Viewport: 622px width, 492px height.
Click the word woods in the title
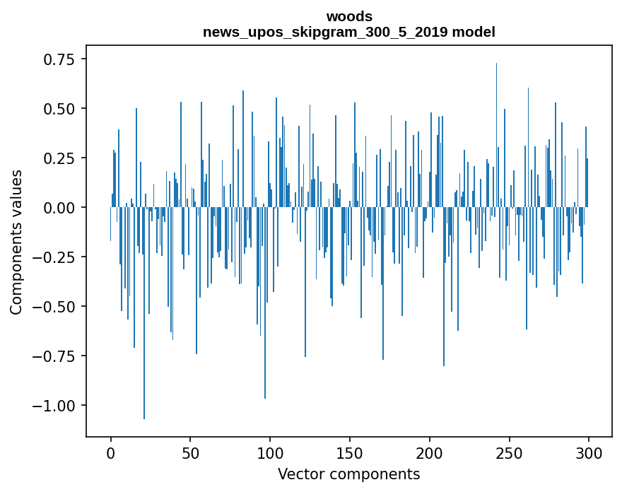click(349, 16)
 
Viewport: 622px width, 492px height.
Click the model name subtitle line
click(349, 32)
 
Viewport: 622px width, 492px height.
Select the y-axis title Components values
click(16, 242)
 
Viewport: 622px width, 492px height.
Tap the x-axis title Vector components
click(349, 474)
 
